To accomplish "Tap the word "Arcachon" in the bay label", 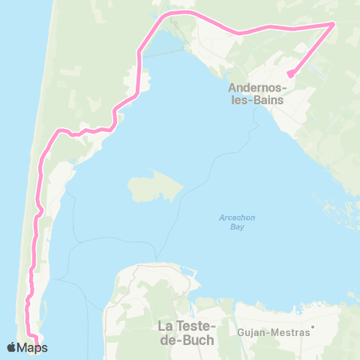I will [238, 217].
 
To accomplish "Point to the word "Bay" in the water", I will [238, 226].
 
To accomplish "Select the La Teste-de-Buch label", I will [187, 332].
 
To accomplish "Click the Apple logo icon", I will [11, 346].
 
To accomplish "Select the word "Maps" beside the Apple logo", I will [33, 347].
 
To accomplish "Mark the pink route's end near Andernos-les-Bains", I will [289, 73].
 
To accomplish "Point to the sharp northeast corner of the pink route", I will [333, 23].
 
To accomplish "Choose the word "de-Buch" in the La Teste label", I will [187, 339].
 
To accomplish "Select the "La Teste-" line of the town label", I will [187, 325].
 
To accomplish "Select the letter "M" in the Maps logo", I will [23, 347].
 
